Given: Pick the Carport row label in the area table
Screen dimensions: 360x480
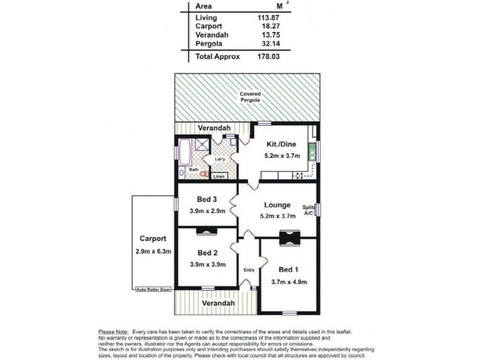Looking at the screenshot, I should (x=208, y=26).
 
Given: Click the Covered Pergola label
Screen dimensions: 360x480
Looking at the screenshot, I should (x=250, y=97).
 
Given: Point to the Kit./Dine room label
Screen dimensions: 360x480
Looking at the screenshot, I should (x=280, y=144).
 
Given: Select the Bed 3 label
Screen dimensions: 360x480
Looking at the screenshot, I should (x=206, y=200).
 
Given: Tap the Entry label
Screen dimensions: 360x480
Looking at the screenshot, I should (x=248, y=269).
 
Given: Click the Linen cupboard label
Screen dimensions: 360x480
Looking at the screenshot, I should (x=219, y=176).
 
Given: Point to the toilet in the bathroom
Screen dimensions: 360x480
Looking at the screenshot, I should (x=205, y=174).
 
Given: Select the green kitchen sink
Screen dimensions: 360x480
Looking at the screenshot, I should (x=311, y=152).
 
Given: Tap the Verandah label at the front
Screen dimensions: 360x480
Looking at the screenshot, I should (x=218, y=304).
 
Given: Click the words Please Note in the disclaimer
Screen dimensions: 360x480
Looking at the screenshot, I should (x=112, y=331).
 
